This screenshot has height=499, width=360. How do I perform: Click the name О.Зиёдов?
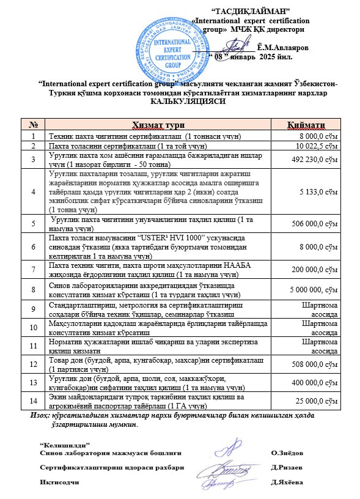point(285,453)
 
